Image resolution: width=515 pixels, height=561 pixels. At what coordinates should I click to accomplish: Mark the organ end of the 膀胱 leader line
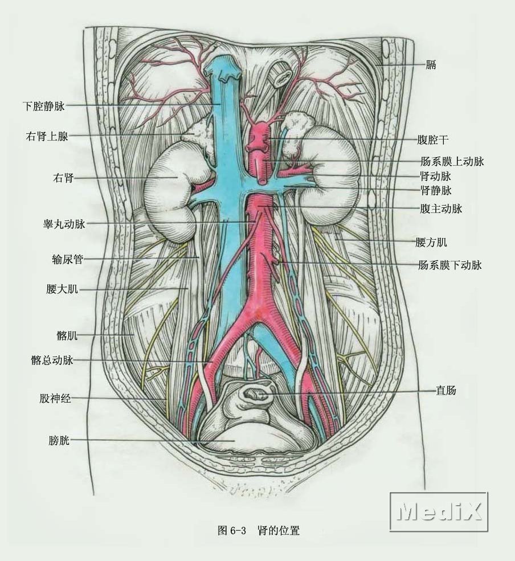point(234,441)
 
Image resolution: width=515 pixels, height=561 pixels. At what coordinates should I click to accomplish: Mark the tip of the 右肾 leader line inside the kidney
point(178,177)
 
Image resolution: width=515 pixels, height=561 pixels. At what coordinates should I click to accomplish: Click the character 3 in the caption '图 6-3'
point(243,530)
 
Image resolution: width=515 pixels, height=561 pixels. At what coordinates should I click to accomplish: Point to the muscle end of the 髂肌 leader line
point(134,335)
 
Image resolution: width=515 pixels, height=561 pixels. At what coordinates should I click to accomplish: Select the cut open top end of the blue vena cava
point(223,67)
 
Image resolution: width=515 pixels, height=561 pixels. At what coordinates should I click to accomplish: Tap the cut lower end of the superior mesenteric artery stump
point(263,180)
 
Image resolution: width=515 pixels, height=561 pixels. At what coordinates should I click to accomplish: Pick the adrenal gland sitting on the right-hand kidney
point(296,134)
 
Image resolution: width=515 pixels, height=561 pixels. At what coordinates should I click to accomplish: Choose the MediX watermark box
point(439,511)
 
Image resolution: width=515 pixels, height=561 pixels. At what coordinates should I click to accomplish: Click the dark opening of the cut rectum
point(253,394)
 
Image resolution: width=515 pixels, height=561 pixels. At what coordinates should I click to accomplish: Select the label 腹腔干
point(432,140)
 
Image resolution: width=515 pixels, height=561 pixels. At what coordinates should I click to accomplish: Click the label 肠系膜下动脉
point(450,265)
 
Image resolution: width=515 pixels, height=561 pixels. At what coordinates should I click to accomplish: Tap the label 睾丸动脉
point(64,224)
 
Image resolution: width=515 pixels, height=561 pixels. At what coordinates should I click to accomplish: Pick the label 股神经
point(55,398)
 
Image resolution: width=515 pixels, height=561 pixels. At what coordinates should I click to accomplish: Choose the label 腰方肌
point(431,242)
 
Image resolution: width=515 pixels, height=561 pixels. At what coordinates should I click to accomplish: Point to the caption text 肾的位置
point(278,530)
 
